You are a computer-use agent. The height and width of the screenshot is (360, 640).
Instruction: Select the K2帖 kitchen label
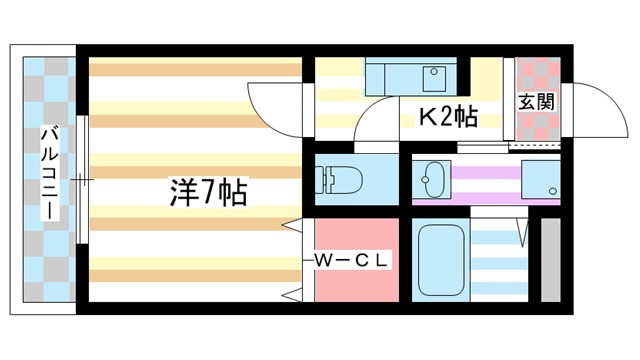(446, 118)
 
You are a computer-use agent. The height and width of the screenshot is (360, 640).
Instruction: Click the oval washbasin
(433, 181)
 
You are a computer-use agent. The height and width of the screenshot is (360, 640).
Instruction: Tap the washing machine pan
(540, 181)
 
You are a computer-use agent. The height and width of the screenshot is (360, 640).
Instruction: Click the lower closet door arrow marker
(293, 294)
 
